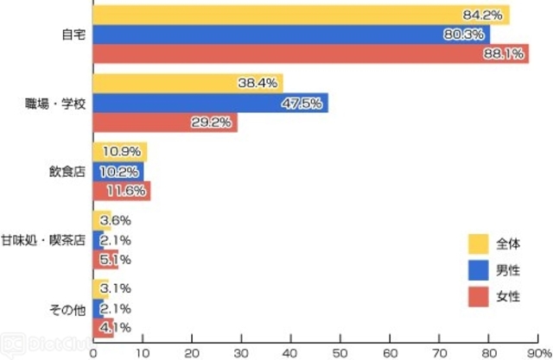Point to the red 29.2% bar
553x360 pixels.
click(x=164, y=123)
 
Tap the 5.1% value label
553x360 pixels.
click(x=116, y=259)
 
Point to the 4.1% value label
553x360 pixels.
click(x=116, y=327)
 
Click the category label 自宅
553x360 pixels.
click(x=73, y=35)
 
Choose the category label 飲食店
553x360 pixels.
click(x=67, y=171)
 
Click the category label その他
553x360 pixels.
click(x=67, y=308)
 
